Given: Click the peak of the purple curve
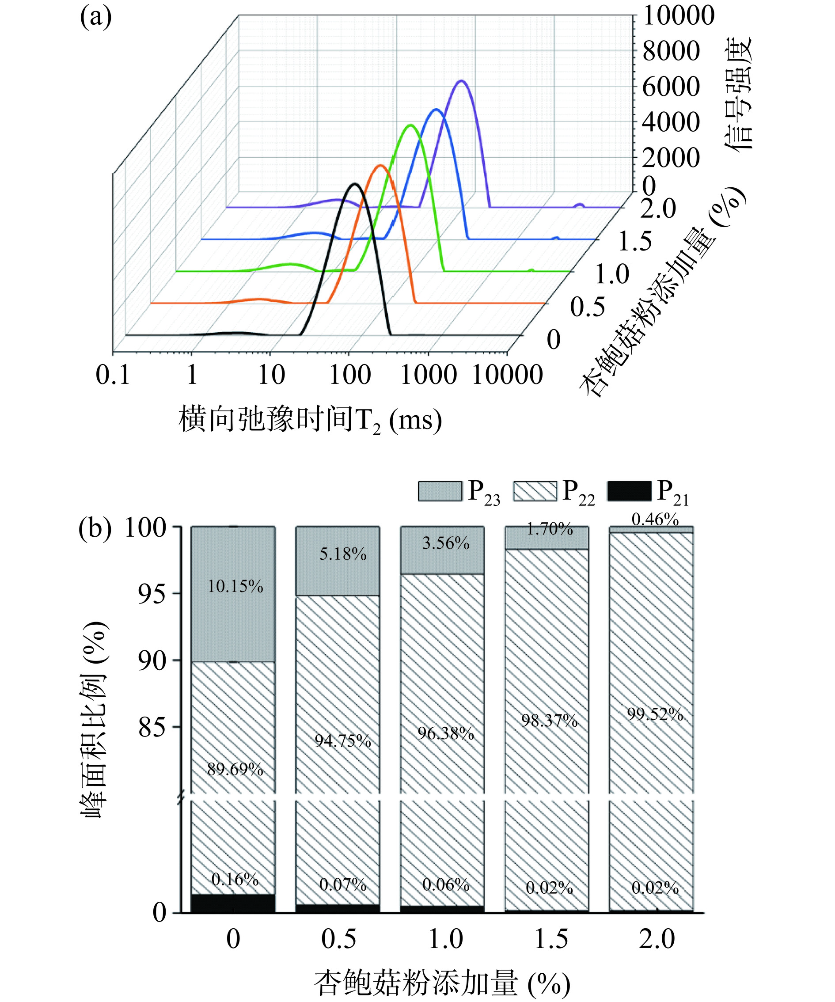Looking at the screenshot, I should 461,81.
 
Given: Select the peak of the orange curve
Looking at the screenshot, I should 380,165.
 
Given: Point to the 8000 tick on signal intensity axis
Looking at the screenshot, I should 671,51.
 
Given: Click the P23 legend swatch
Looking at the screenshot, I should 440,491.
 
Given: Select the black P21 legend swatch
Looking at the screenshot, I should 629,491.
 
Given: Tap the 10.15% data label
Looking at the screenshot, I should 235,586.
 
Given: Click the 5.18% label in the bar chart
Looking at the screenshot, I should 342,554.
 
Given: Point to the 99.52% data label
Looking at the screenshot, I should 655,714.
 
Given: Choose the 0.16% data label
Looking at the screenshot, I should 235,879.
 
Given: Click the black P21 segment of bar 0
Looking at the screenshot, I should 233,903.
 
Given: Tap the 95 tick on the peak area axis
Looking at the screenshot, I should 152,594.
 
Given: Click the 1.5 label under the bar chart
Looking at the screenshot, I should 551,939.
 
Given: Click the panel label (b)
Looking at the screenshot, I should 95,529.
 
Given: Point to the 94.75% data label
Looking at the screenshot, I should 342,740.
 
